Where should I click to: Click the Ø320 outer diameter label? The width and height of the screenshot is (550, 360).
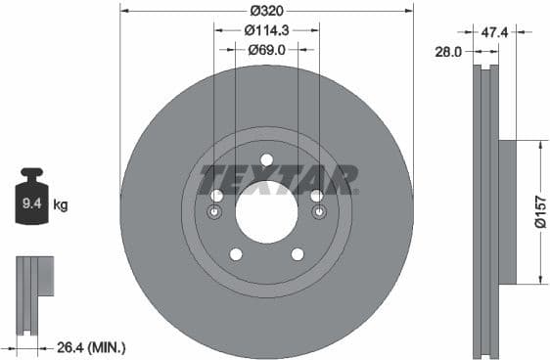[266, 11]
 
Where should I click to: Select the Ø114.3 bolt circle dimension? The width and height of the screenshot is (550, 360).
[266, 30]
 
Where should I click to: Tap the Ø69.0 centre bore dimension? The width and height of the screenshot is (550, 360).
[266, 49]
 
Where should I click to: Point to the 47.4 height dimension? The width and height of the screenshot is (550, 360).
[496, 32]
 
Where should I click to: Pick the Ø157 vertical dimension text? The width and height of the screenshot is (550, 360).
[539, 211]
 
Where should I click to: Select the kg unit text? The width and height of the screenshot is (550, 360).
[61, 205]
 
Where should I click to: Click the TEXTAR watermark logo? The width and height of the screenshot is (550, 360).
[279, 180]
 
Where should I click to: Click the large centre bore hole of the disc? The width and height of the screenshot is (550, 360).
[266, 212]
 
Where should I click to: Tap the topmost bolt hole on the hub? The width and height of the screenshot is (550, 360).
[266, 160]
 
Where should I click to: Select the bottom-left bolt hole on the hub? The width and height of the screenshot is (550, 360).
[235, 254]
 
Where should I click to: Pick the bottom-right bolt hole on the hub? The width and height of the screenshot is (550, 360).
[298, 254]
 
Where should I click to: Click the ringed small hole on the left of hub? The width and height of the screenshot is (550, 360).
[216, 212]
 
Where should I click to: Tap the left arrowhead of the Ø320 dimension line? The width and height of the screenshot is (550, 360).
[123, 11]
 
